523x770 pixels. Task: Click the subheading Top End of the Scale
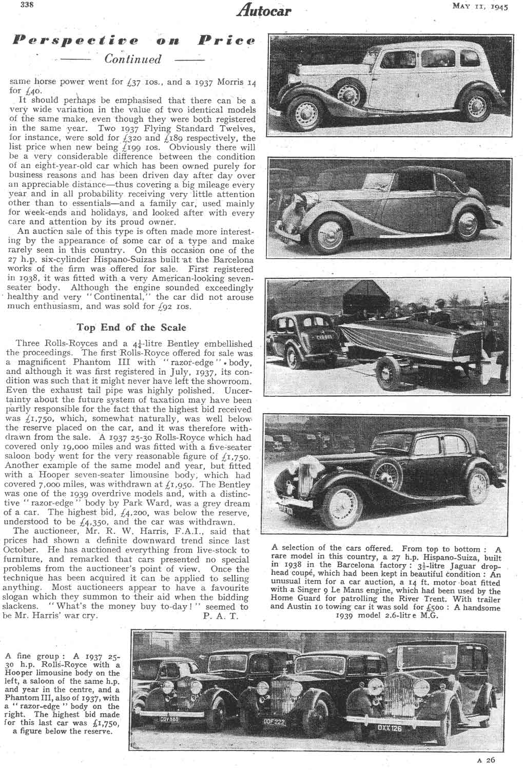(x=131, y=327)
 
